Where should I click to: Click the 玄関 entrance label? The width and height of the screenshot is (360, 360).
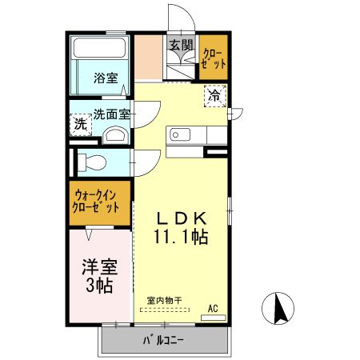[x=181, y=45]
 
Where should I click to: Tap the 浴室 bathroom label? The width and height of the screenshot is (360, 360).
[x=106, y=78]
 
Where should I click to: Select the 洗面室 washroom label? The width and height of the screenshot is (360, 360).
[x=110, y=114]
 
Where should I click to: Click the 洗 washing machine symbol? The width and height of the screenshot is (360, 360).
[x=80, y=124]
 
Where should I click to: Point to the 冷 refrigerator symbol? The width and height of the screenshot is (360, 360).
[x=215, y=95]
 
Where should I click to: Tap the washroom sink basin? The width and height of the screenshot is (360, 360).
[x=116, y=134]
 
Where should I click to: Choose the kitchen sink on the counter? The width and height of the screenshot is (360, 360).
[x=177, y=132]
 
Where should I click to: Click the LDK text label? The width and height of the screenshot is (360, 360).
[x=182, y=218]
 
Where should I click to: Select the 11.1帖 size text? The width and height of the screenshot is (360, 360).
[x=182, y=237]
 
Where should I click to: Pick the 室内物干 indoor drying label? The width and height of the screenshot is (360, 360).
[x=164, y=300]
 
